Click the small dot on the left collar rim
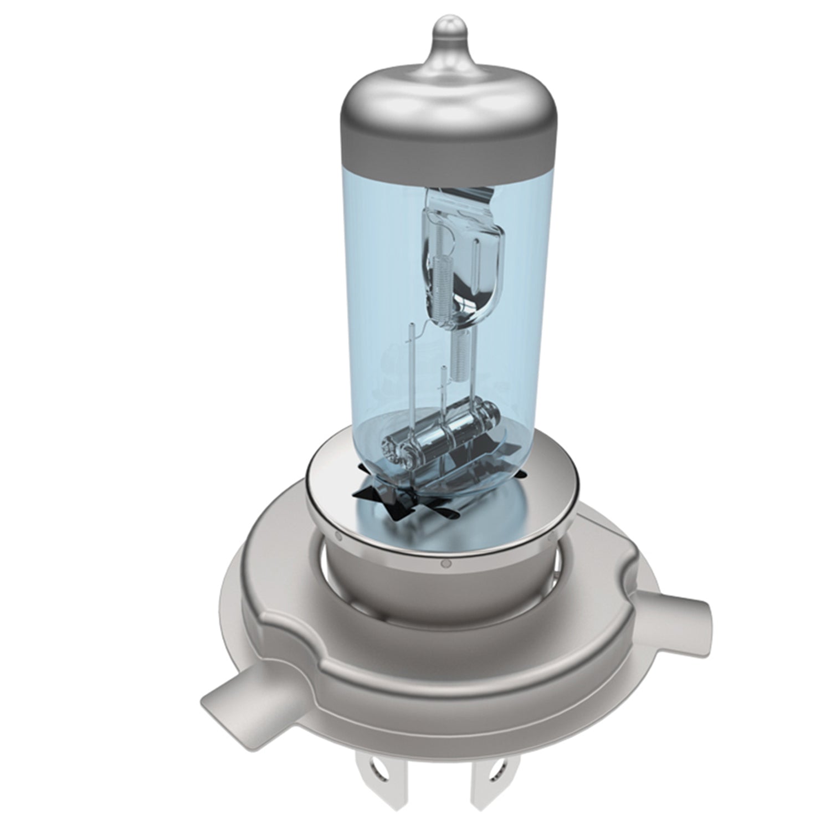click(x=337, y=535)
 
